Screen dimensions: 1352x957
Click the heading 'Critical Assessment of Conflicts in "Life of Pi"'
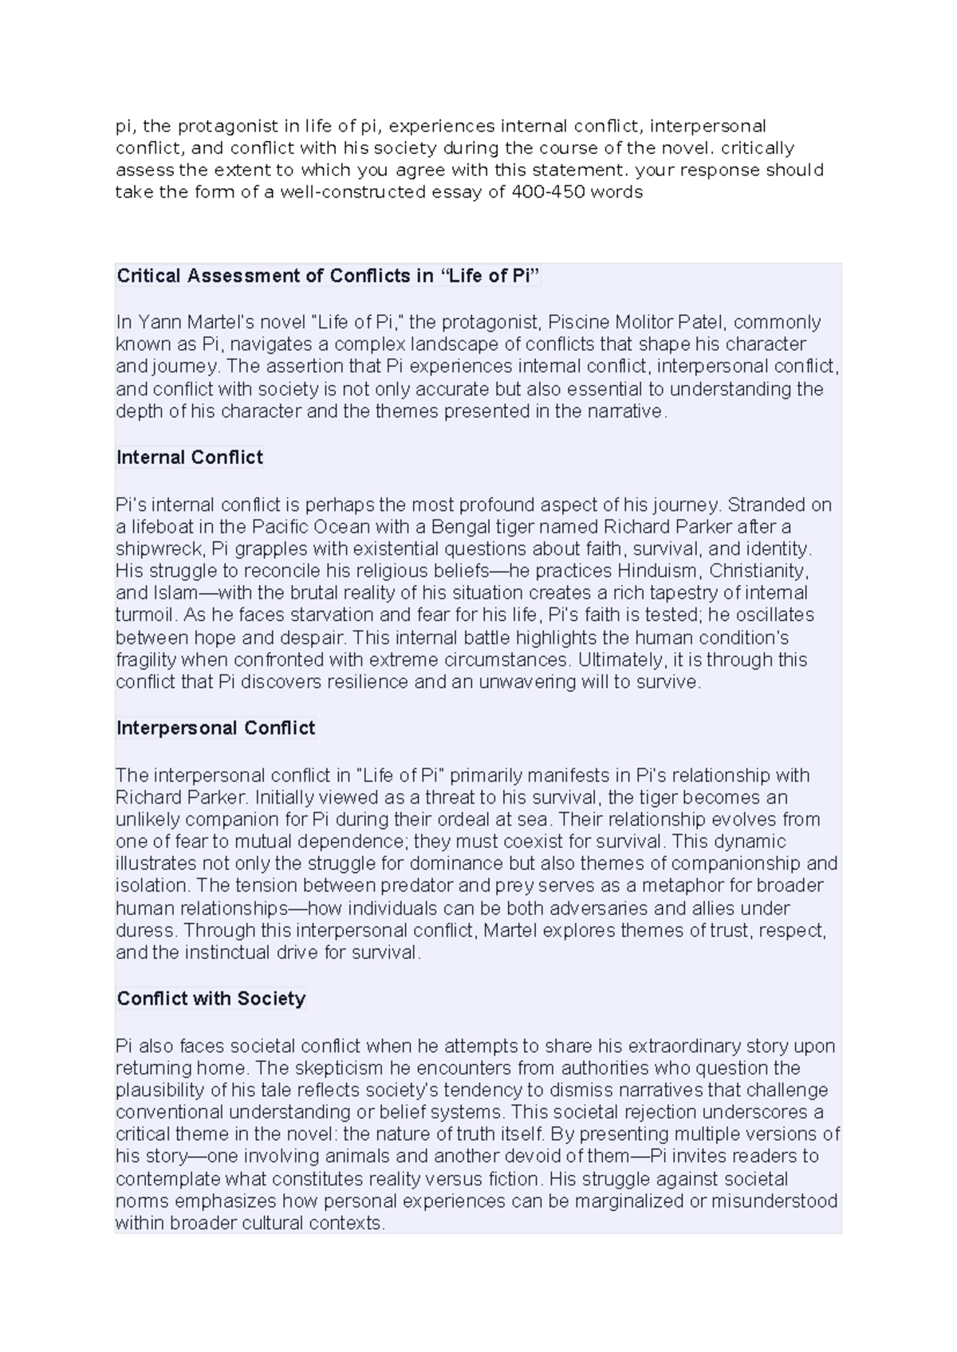click(329, 276)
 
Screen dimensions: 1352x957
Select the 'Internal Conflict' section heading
click(190, 458)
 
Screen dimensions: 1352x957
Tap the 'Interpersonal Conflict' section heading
click(215, 728)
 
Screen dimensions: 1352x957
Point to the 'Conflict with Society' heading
click(211, 999)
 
